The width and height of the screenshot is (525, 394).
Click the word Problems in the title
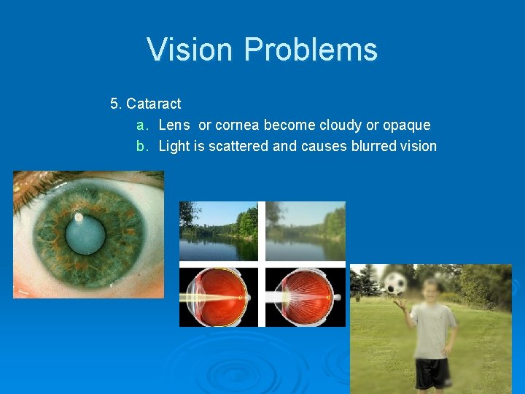311,50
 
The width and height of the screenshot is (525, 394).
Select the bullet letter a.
142,125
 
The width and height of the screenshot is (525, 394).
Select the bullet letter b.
142,146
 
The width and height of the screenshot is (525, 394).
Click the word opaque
406,125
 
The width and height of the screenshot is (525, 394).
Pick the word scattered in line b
238,146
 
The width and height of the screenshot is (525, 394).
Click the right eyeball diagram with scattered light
305,296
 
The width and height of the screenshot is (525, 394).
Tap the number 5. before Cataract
116,104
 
